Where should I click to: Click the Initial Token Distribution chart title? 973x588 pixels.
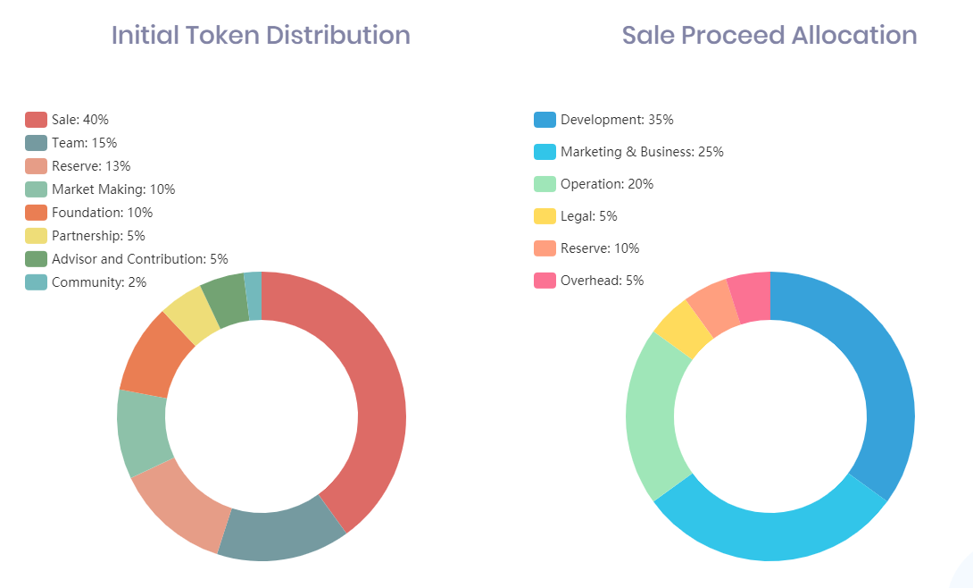pyautogui.click(x=261, y=36)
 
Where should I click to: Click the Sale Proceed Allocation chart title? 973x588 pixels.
pyautogui.click(x=769, y=36)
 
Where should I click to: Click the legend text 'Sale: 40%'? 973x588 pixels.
pyautogui.click(x=80, y=120)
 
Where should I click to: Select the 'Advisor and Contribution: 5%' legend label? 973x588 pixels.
pyautogui.click(x=140, y=259)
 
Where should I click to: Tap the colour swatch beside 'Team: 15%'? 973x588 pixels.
pyautogui.click(x=36, y=143)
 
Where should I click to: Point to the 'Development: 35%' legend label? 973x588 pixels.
pyautogui.click(x=617, y=120)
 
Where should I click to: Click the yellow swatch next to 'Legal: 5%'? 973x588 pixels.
pyautogui.click(x=545, y=216)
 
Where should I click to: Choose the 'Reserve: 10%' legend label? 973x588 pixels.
pyautogui.click(x=600, y=248)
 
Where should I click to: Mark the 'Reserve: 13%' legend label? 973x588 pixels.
pyautogui.click(x=91, y=166)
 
